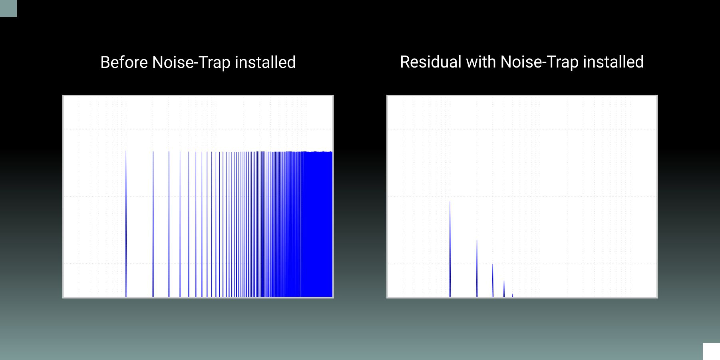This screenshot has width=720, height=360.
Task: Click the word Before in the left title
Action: click(124, 62)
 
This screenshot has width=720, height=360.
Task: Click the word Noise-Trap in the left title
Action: click(191, 63)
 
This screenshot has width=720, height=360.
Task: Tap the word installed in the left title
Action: click(265, 62)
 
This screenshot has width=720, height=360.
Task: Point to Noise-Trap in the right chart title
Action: click(539, 62)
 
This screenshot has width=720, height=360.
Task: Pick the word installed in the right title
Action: click(613, 62)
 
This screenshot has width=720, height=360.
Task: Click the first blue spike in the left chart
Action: click(126, 224)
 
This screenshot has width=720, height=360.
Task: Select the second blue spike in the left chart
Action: click(153, 224)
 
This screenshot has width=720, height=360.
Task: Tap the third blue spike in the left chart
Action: click(169, 224)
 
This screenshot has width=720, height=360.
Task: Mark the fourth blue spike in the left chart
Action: click(180, 224)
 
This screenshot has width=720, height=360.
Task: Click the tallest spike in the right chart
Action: click(450, 249)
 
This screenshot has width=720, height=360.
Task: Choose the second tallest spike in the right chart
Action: click(477, 269)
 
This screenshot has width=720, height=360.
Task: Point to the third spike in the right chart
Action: click(493, 280)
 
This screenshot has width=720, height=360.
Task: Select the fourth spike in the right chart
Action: click(504, 289)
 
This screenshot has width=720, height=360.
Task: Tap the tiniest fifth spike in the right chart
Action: click(513, 296)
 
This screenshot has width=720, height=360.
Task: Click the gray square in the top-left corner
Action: click(8, 8)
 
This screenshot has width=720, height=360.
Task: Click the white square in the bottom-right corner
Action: click(712, 352)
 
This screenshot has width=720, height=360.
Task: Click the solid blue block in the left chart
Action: click(318, 225)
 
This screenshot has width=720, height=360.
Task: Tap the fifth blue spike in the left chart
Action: click(189, 224)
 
